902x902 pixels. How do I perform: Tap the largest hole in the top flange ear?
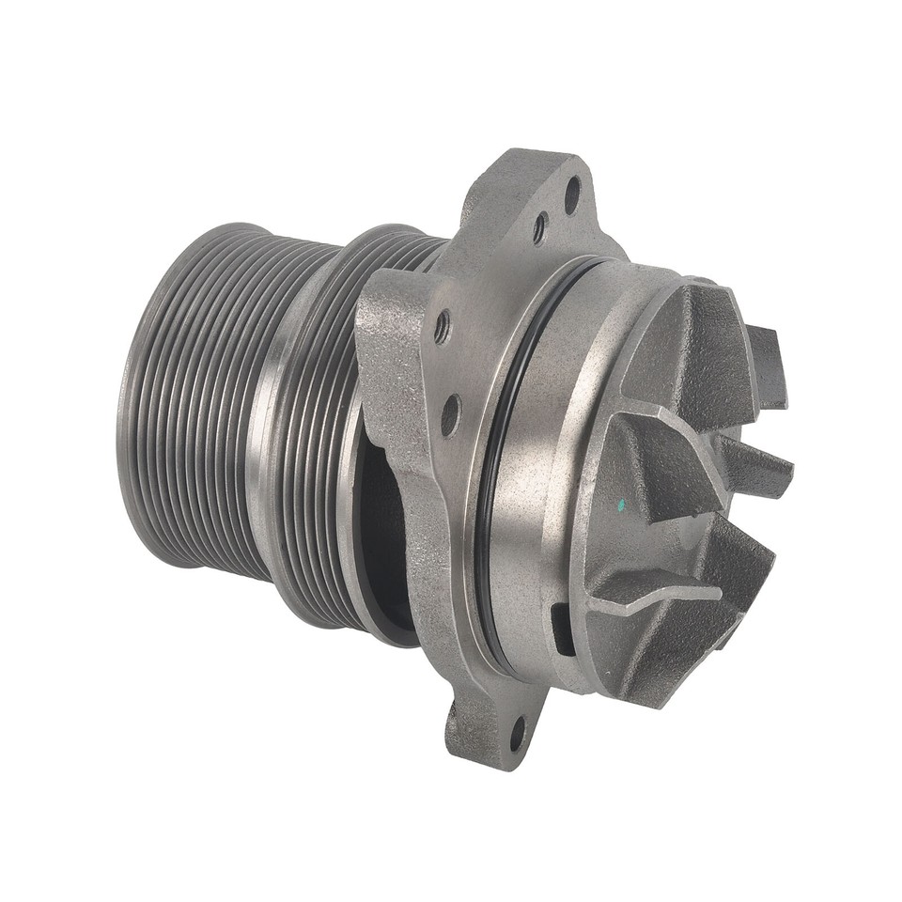coord(571,194)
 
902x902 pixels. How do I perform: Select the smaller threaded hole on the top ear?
coord(540,227)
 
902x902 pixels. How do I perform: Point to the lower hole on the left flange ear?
coord(451,414)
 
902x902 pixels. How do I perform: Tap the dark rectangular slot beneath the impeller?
coord(562,629)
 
